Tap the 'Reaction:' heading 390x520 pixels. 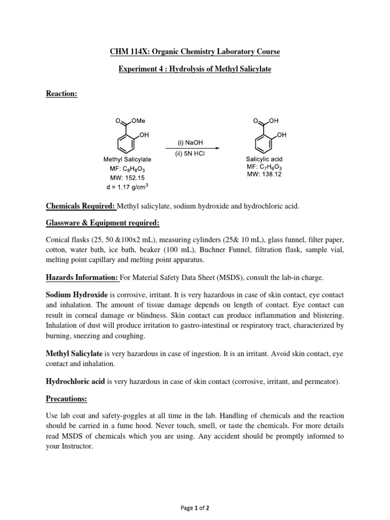tap(61, 94)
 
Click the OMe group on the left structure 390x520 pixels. tap(138, 121)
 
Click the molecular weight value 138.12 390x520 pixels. tap(271, 174)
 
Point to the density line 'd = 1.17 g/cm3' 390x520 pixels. tap(127, 187)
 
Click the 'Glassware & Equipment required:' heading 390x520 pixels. tap(103, 223)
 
